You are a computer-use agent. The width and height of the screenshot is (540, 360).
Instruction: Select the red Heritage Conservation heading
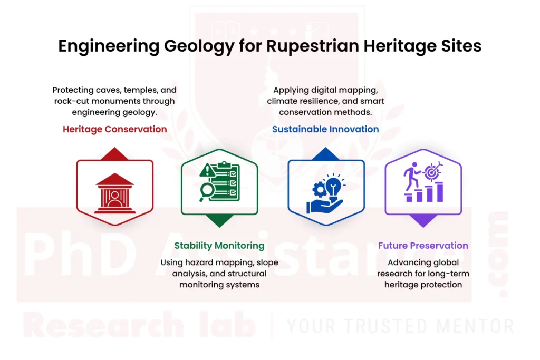click(114, 129)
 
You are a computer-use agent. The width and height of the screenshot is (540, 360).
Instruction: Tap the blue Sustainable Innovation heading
click(325, 129)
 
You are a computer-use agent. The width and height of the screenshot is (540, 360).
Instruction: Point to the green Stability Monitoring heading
click(219, 246)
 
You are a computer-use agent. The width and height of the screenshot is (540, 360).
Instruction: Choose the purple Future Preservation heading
click(423, 246)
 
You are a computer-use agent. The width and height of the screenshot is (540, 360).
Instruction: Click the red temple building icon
click(114, 193)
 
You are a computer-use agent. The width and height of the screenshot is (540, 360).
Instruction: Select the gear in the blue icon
click(319, 189)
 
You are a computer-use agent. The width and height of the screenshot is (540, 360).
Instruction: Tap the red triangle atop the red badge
click(115, 153)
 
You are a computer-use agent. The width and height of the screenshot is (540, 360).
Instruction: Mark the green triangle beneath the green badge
click(219, 221)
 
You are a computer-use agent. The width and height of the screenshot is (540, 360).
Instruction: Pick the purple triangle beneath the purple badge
click(423, 221)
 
